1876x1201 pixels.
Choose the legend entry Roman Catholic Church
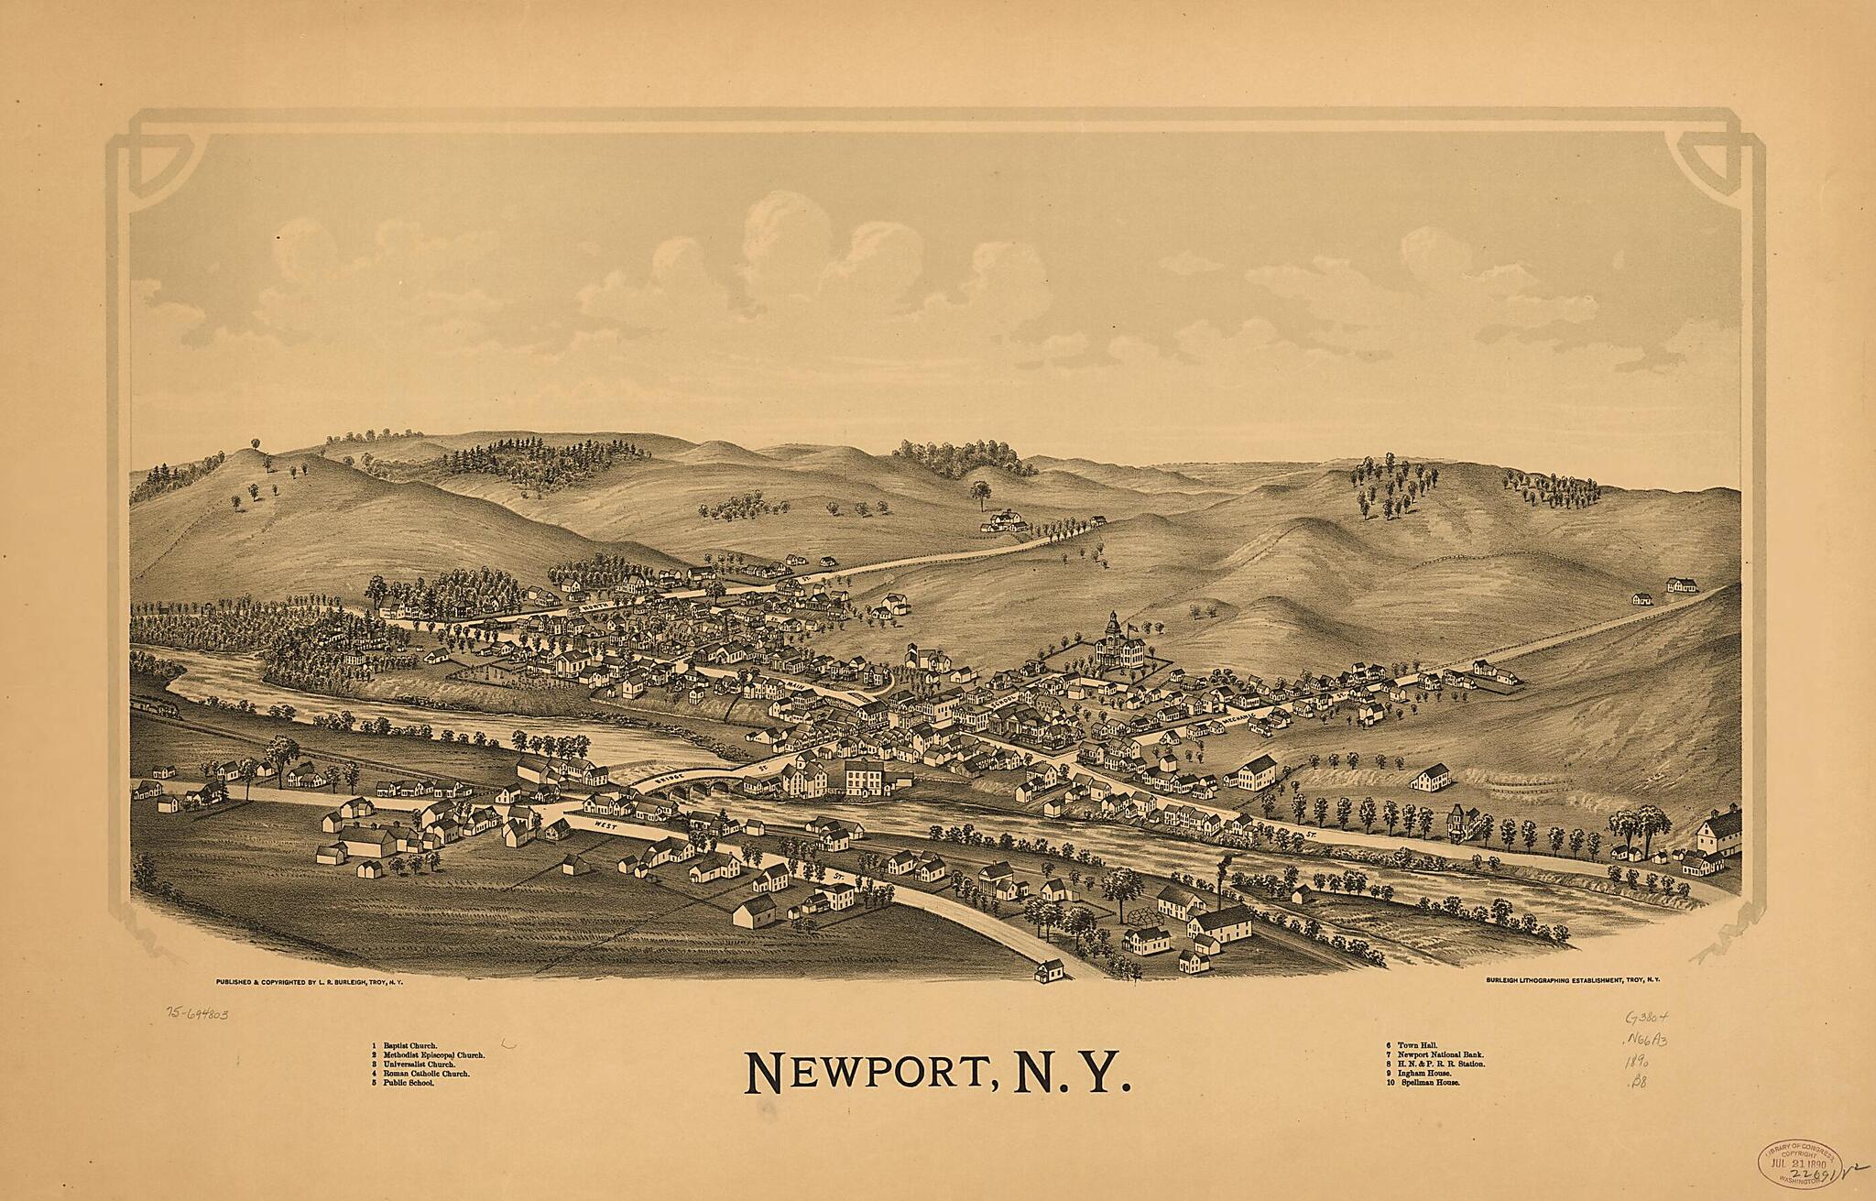coord(426,1074)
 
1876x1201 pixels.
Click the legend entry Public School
coord(409,1083)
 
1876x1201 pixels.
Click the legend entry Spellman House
coord(1428,1083)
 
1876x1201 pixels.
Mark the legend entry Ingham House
coord(1424,1074)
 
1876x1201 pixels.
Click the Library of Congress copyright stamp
coord(1794,1163)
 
